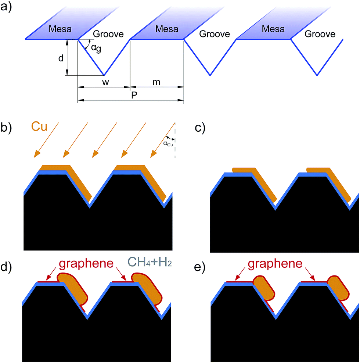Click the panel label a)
point(6,7)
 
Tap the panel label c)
point(200,128)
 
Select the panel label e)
point(200,267)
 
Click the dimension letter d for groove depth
point(61,58)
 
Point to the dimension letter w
point(105,82)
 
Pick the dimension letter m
point(156,82)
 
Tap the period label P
point(134,95)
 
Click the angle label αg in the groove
point(96,49)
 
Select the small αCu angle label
point(168,144)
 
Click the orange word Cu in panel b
point(39,127)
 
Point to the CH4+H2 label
point(150,263)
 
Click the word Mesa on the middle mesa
point(167,29)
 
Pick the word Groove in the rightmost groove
point(320,34)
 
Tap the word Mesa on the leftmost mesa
point(60,29)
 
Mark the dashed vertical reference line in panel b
point(175,140)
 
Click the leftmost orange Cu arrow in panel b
point(46,140)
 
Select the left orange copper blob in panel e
point(263,288)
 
